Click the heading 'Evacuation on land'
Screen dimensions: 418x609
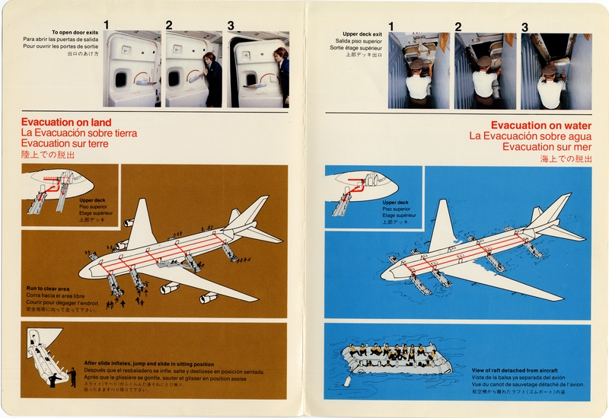tap(66, 122)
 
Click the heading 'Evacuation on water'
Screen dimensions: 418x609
tap(540, 125)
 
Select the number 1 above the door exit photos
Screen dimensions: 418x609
tap(107, 25)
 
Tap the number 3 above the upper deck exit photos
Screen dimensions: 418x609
tap(525, 27)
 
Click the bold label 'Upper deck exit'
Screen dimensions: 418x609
tap(362, 34)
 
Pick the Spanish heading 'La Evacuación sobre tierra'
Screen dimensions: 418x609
tap(79, 132)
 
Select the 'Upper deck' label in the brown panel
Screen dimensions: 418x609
tap(92, 200)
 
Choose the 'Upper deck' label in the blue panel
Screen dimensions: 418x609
tap(396, 203)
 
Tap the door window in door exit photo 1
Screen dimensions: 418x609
tap(120, 78)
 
